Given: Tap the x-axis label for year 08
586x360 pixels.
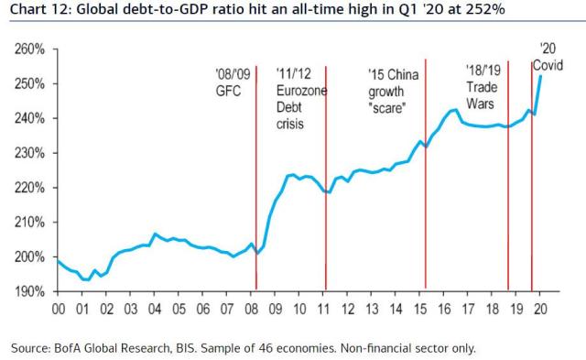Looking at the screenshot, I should [x=251, y=310].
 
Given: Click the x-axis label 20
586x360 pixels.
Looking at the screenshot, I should [x=539, y=310].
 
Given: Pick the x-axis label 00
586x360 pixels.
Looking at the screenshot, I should [x=59, y=310].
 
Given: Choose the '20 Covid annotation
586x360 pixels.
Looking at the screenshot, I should [x=548, y=57].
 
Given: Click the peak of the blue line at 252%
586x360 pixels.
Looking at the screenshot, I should [x=540, y=76].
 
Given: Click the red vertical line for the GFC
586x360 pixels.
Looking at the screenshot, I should [x=255, y=183].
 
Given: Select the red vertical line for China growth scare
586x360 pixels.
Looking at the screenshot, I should [x=426, y=183].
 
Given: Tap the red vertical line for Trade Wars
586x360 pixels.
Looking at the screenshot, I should [x=508, y=183].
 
